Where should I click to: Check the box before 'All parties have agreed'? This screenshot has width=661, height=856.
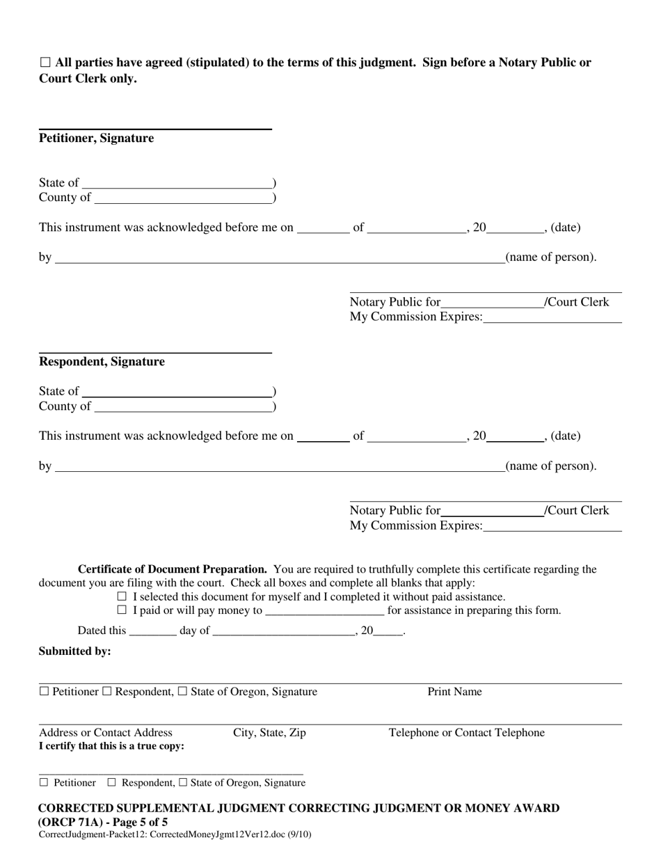click(45, 63)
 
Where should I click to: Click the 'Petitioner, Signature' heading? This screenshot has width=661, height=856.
click(96, 138)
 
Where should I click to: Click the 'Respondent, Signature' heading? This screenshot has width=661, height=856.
click(102, 362)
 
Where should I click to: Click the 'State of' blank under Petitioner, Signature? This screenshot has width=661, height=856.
click(177, 182)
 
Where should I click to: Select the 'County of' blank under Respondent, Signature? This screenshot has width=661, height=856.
click(182, 406)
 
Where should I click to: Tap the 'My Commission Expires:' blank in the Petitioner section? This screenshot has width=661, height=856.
click(552, 317)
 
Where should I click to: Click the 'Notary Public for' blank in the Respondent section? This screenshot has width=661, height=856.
click(492, 510)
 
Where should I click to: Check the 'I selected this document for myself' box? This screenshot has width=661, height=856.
click(122, 597)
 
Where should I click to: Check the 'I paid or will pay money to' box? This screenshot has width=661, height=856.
click(122, 610)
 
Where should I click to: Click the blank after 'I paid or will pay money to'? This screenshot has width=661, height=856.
click(324, 610)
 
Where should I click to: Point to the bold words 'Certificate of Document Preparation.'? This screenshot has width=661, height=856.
click(173, 569)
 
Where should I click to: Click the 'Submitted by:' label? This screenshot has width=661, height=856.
click(74, 651)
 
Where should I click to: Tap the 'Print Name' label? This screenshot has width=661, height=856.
click(454, 692)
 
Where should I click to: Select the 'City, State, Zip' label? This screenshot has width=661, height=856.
click(269, 733)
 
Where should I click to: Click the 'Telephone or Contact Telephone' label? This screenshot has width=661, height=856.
click(466, 733)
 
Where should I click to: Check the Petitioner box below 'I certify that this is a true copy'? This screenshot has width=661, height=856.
click(44, 782)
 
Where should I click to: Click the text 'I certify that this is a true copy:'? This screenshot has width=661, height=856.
click(111, 746)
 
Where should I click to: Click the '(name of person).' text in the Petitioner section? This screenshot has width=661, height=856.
click(550, 257)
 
